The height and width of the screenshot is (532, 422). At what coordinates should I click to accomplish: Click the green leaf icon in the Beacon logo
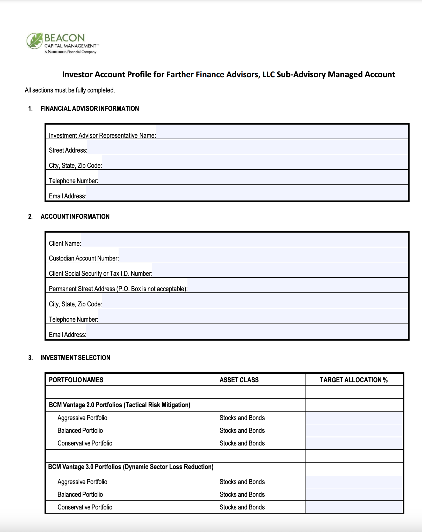tap(35, 41)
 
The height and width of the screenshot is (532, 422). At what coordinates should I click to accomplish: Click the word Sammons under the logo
tap(57, 52)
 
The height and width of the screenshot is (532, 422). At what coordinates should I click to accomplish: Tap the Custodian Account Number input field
tap(263, 255)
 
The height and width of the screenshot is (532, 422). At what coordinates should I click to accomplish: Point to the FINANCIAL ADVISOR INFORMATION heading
tap(90, 109)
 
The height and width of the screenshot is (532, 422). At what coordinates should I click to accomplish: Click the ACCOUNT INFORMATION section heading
tap(75, 217)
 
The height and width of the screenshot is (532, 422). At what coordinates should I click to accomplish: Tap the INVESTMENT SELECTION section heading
tap(75, 358)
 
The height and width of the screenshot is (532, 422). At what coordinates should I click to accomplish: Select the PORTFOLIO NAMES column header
tap(76, 380)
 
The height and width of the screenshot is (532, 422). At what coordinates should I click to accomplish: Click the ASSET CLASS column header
tap(239, 380)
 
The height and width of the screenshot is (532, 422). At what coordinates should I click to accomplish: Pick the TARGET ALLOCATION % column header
tap(354, 380)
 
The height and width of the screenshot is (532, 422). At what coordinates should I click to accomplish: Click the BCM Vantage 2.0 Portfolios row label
tap(119, 405)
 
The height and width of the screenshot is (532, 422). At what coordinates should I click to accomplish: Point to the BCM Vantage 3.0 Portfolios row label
tap(131, 467)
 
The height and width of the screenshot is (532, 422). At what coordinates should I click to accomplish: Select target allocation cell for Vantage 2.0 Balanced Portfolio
tap(354, 430)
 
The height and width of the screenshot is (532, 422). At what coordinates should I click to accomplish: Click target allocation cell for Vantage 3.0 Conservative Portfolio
tap(354, 507)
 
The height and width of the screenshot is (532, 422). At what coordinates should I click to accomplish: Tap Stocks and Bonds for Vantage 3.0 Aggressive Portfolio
tap(242, 482)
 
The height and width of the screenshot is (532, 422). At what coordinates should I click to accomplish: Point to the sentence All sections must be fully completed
tap(70, 90)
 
